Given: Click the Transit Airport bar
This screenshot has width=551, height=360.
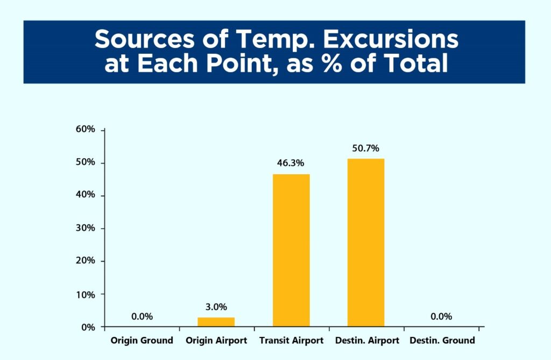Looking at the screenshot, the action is pyautogui.click(x=291, y=250).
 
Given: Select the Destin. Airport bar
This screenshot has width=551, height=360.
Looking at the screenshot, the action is pyautogui.click(x=366, y=243).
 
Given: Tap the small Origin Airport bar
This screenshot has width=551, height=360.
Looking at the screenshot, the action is pyautogui.click(x=216, y=322).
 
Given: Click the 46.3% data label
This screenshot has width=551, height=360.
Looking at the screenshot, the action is pyautogui.click(x=291, y=163).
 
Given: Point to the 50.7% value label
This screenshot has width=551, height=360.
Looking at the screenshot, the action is pyautogui.click(x=366, y=149).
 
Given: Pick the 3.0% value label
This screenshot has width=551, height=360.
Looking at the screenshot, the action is pyautogui.click(x=216, y=307).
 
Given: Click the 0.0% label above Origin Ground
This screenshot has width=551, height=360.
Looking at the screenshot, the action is pyautogui.click(x=142, y=316).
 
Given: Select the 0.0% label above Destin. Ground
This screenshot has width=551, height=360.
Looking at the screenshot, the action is pyautogui.click(x=441, y=316).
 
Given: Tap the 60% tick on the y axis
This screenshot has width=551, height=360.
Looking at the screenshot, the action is pyautogui.click(x=86, y=129).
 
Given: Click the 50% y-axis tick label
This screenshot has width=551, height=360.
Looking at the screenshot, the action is pyautogui.click(x=86, y=162).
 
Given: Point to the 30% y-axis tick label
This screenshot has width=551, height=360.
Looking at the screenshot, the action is pyautogui.click(x=86, y=228).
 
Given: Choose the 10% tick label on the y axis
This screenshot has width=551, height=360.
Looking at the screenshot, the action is pyautogui.click(x=86, y=294).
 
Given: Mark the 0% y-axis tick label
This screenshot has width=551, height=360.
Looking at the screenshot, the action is pyautogui.click(x=88, y=327).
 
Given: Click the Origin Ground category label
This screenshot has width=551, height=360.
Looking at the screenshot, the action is pyautogui.click(x=142, y=340).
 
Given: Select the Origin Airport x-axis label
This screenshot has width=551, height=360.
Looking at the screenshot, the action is pyautogui.click(x=216, y=340).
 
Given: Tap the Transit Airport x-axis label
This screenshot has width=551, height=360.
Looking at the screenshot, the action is pyautogui.click(x=291, y=340).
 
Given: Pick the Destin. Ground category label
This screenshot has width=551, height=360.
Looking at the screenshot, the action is pyautogui.click(x=442, y=340).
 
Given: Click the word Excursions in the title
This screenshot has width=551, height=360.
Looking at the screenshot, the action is pyautogui.click(x=391, y=39).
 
